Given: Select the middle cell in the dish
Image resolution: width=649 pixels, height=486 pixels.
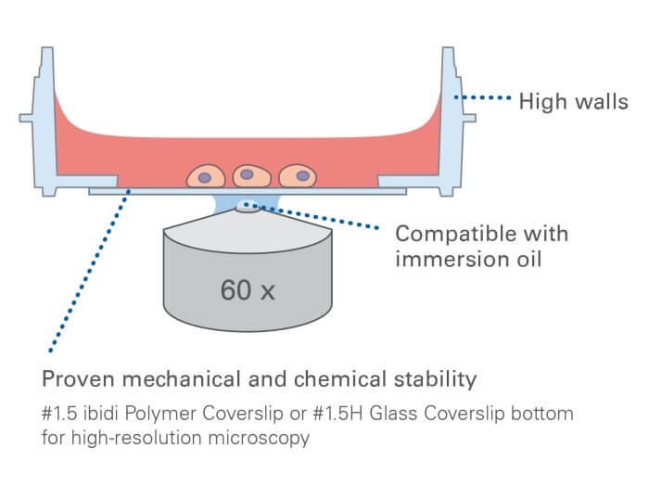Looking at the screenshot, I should [x=248, y=174].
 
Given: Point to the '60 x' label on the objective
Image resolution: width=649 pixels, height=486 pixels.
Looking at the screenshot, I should [x=248, y=290].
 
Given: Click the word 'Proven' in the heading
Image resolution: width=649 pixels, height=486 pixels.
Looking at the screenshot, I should [x=73, y=379].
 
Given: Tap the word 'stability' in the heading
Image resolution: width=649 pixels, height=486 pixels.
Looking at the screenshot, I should [x=442, y=379].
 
